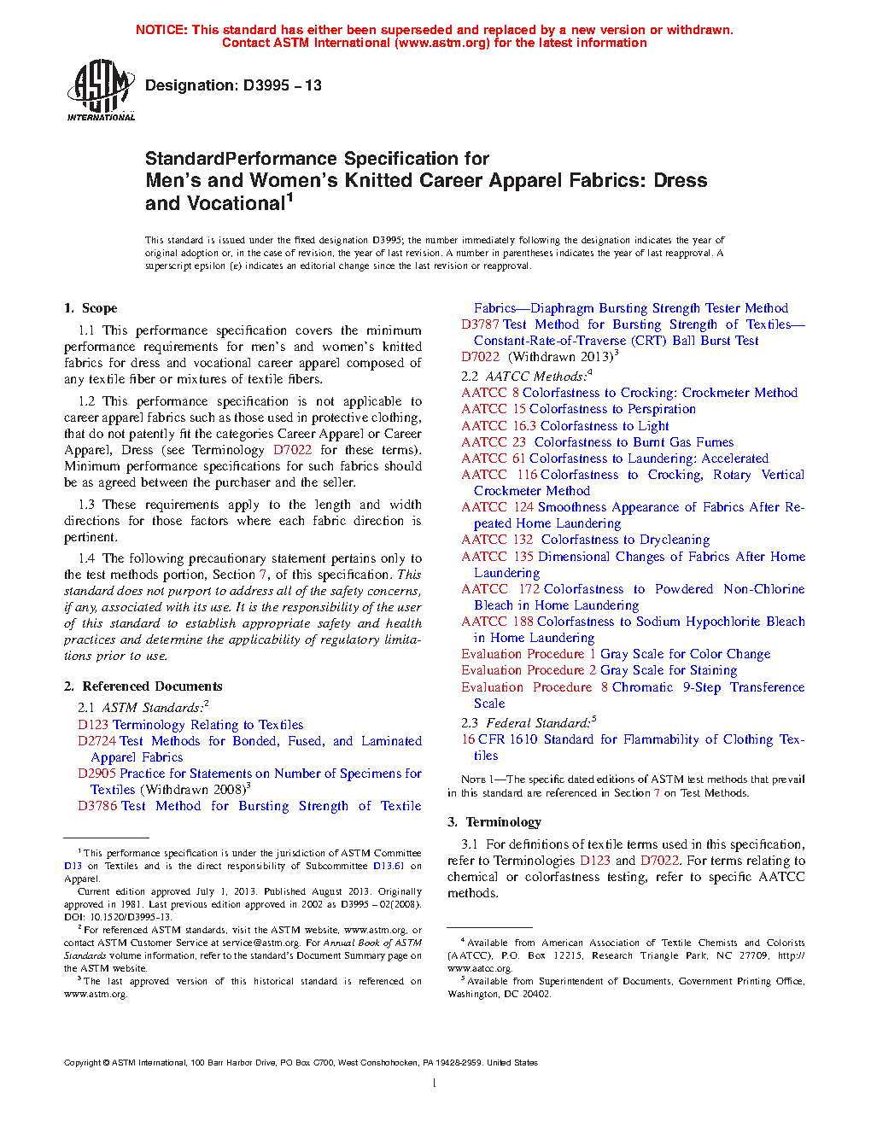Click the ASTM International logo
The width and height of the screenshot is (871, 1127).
point(101,90)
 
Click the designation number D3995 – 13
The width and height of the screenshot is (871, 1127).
point(233,85)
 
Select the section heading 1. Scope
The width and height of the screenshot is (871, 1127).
point(91,308)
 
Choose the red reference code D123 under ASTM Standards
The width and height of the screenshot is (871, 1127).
point(93,725)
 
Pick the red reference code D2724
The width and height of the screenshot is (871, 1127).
point(96,741)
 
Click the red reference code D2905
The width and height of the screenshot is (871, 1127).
point(96,774)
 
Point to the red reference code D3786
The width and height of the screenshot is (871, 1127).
point(96,806)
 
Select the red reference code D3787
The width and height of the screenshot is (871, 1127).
point(480,324)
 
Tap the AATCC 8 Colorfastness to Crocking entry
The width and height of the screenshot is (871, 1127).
point(629,393)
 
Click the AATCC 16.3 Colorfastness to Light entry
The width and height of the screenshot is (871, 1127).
point(565,426)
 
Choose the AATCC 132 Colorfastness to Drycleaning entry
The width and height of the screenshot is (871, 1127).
point(586,540)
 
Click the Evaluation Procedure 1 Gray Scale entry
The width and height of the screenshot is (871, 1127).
point(616,654)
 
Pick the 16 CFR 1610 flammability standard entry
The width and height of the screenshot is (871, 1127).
point(632,739)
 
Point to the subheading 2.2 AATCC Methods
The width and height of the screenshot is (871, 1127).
point(526,377)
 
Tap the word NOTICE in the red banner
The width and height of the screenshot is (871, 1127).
point(161,30)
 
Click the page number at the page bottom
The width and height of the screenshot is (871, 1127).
point(435,1083)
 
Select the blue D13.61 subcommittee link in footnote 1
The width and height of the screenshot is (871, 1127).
point(389,866)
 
